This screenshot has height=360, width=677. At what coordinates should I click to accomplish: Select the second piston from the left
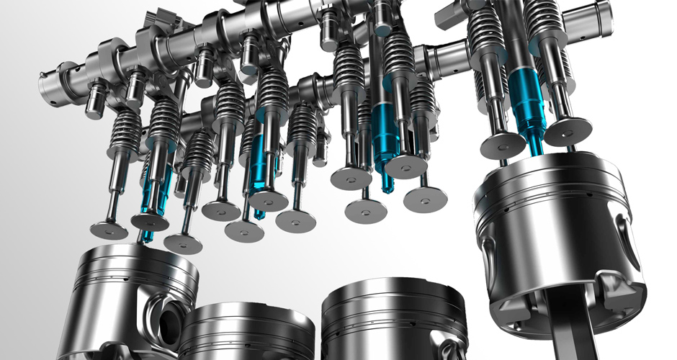pos(245,331)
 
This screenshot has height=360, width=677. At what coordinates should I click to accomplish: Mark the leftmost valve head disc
pos(109,230)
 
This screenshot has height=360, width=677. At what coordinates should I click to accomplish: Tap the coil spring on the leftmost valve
pos(125,130)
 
